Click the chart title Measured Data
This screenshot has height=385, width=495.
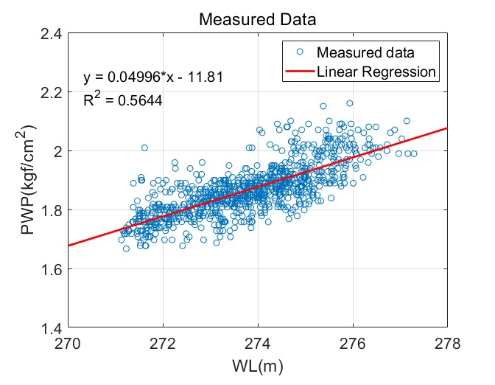click(x=257, y=19)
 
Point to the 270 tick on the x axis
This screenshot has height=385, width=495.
click(x=68, y=344)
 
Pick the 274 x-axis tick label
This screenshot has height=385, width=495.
click(x=258, y=344)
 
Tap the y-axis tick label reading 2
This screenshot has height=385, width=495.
click(x=57, y=151)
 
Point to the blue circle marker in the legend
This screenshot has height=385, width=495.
click(x=298, y=53)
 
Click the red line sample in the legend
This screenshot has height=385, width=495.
click(x=298, y=72)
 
